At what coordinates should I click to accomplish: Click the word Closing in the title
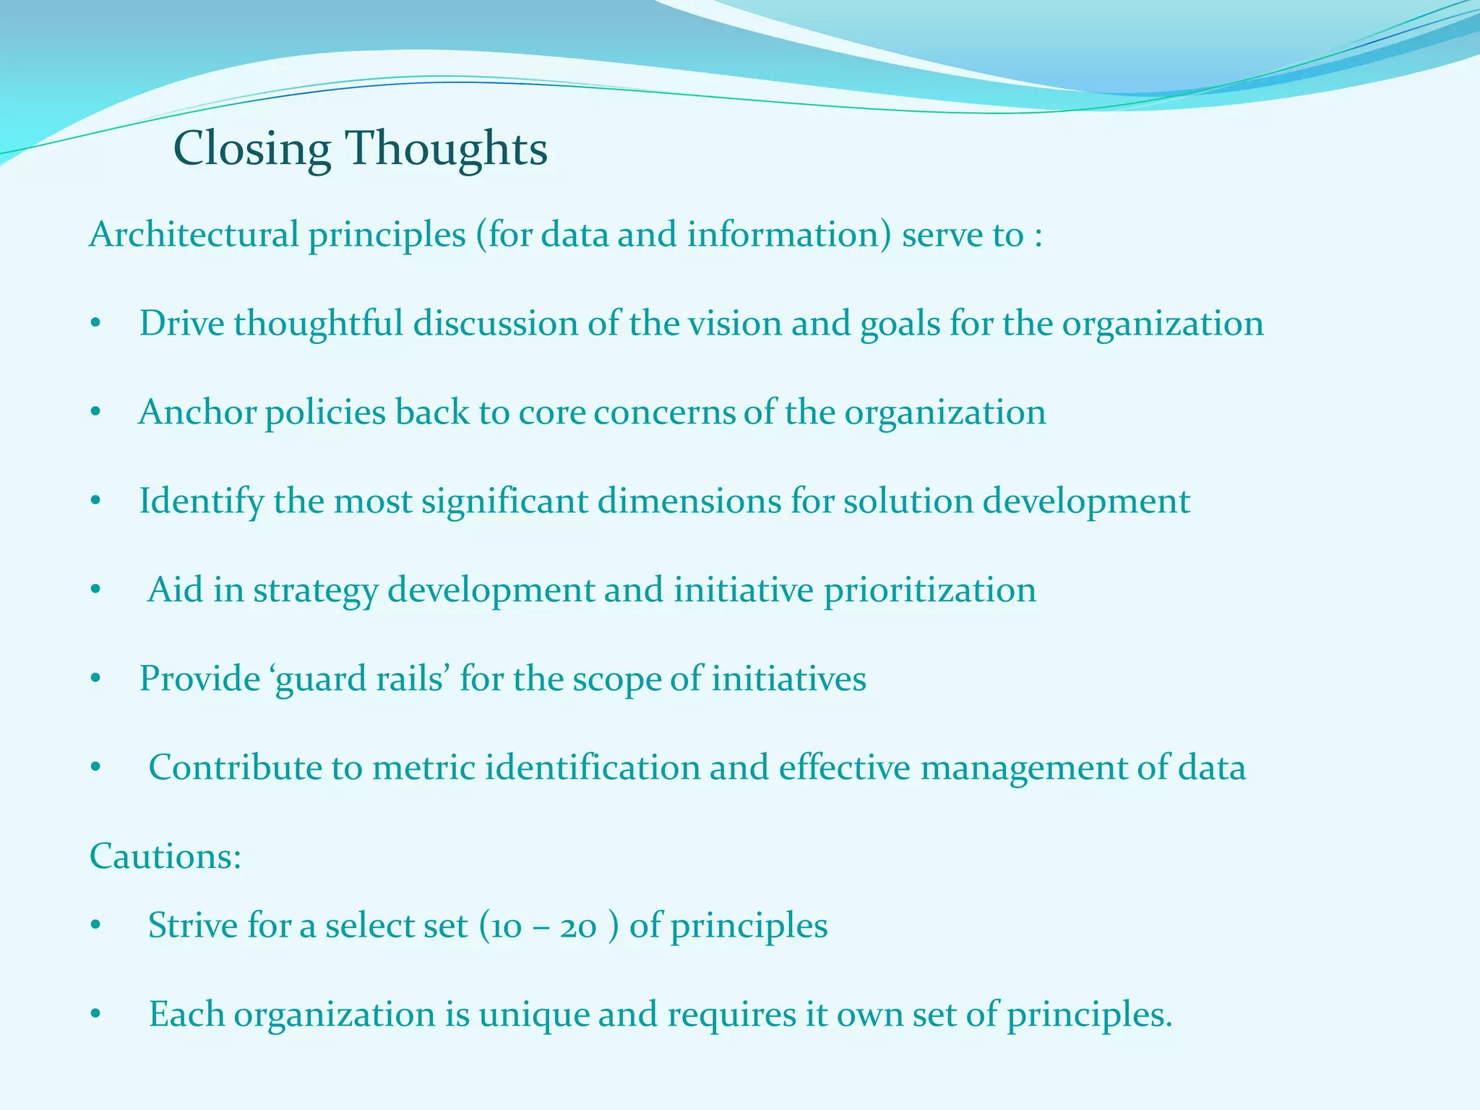[x=251, y=150]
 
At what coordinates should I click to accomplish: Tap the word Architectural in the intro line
[x=194, y=236]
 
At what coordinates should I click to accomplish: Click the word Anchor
[x=197, y=413]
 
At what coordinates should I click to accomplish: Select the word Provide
[x=199, y=679]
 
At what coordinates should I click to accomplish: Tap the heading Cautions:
[x=165, y=856]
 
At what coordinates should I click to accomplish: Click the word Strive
[x=192, y=926]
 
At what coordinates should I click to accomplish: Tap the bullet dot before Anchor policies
[x=95, y=413]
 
